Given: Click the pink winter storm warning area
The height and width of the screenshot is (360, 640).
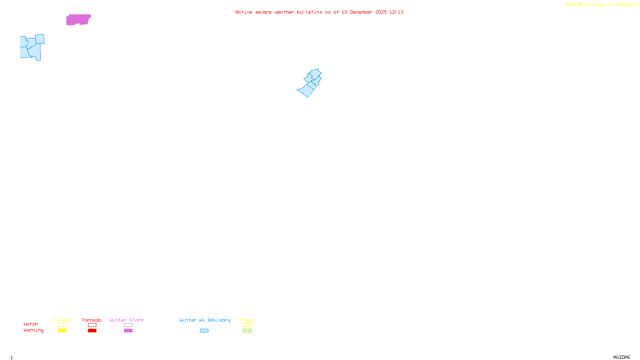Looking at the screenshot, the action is (x=78, y=19).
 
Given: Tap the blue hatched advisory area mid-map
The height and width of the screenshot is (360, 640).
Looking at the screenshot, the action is (x=310, y=83).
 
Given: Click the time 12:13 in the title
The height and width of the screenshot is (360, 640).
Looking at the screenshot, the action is (x=396, y=12).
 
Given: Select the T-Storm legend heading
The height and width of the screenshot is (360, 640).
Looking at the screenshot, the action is (x=62, y=320).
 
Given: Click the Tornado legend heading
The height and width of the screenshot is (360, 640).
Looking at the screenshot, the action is (x=92, y=320).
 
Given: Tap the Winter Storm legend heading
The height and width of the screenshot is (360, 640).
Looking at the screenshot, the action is (x=126, y=320).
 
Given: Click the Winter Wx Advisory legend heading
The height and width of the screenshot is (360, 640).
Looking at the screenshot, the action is (x=205, y=320).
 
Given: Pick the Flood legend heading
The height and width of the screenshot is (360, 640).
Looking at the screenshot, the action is (x=247, y=320).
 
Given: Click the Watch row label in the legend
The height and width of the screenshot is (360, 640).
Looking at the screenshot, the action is (x=31, y=324).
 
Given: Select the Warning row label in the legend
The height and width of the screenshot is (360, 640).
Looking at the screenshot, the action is (x=34, y=330).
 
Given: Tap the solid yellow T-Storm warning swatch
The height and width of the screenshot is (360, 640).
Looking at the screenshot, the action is (x=62, y=331).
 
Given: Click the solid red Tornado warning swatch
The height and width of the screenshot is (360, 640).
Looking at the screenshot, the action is (x=92, y=331).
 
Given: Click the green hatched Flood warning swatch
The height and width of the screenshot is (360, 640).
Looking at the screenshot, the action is (x=247, y=331).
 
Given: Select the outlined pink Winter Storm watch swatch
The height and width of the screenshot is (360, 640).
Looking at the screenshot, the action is (x=128, y=325).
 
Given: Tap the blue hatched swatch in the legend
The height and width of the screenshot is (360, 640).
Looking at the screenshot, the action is (x=204, y=331).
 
